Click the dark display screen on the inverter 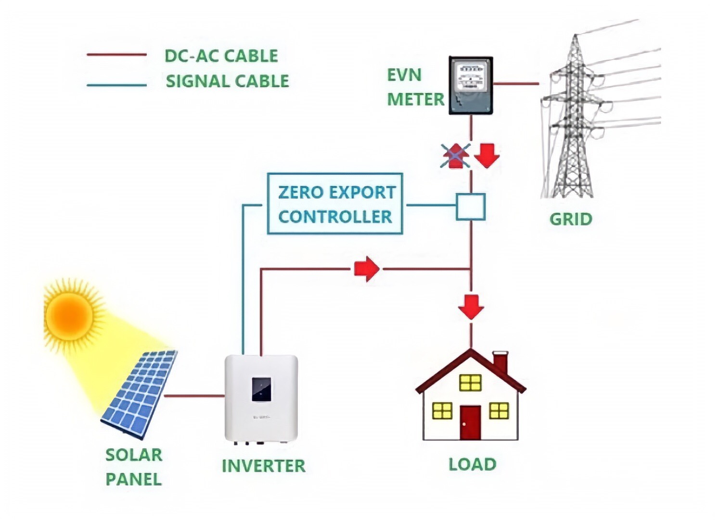261,389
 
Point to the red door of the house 470,422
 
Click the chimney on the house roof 501,362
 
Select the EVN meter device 471,85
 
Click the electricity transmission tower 573,120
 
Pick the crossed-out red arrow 455,156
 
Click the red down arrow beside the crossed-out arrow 487,156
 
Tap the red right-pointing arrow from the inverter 367,269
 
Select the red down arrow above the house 471,307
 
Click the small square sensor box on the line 470,207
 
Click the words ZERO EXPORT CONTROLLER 335,204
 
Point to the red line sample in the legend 116,55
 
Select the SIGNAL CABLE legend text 227,81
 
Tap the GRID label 571,219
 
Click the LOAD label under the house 472,464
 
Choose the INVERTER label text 263,466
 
